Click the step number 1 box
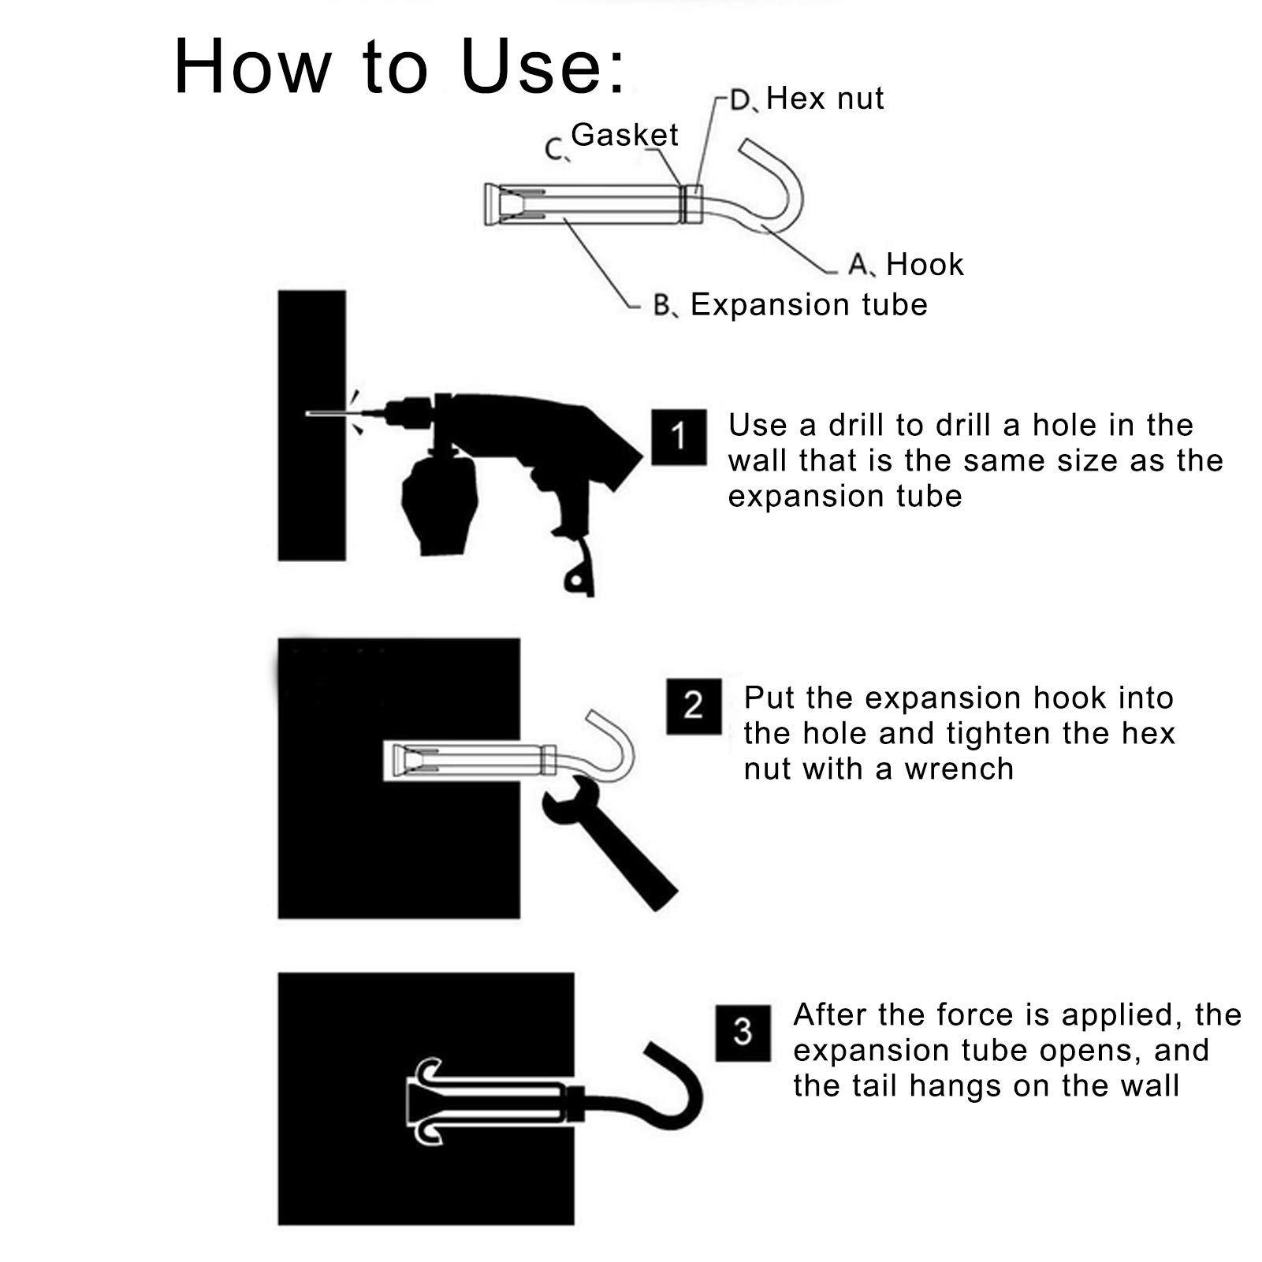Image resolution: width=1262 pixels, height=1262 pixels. point(679,437)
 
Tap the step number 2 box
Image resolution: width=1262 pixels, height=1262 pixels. point(694,706)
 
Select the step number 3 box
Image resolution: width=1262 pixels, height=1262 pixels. point(743,1033)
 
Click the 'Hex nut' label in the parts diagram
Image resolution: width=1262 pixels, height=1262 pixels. point(825,99)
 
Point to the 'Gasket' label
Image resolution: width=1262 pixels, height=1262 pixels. point(624,135)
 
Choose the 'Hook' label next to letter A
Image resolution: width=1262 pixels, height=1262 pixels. point(925,265)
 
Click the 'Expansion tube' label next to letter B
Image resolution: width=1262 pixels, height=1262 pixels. point(809,305)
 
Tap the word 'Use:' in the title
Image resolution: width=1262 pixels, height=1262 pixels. point(544,67)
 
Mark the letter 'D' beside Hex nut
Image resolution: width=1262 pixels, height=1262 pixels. point(741,100)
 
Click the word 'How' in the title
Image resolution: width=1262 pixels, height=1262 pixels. point(252,67)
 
